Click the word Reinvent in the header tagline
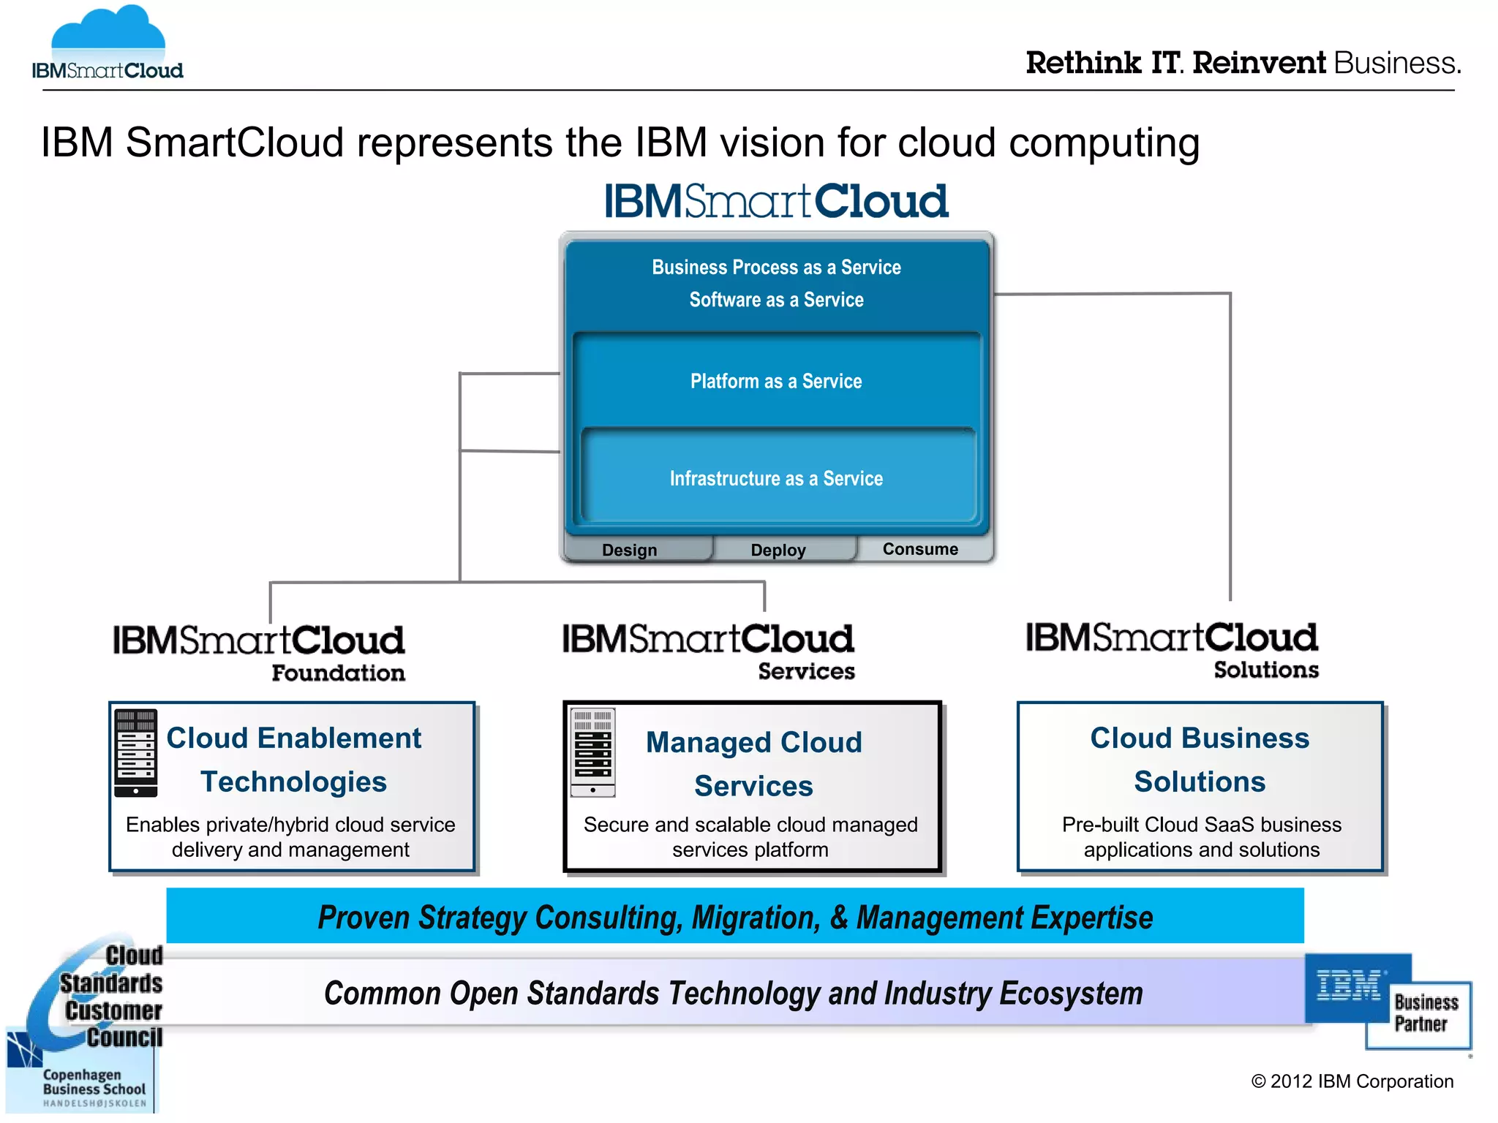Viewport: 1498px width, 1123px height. [x=1258, y=63]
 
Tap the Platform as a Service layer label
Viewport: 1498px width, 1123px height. [x=776, y=381]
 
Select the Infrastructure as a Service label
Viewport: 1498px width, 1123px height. [x=776, y=478]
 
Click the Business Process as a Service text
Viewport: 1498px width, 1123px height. [x=776, y=267]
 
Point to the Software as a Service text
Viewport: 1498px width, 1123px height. [x=776, y=300]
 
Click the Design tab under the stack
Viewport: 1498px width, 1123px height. [x=629, y=550]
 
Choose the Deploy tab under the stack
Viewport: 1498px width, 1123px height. [x=778, y=550]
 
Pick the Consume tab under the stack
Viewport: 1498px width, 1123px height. [x=920, y=549]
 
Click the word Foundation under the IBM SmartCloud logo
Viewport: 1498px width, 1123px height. [x=338, y=673]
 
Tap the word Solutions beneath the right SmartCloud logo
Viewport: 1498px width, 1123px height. [x=1266, y=670]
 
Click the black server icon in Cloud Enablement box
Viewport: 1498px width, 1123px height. [x=136, y=752]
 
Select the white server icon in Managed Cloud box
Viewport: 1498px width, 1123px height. [x=592, y=752]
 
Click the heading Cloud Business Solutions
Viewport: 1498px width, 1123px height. [x=1200, y=760]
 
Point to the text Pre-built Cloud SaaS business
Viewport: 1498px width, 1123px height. [x=1201, y=825]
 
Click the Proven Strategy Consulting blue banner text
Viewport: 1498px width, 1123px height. [x=735, y=917]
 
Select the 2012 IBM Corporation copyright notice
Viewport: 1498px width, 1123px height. [x=1352, y=1081]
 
